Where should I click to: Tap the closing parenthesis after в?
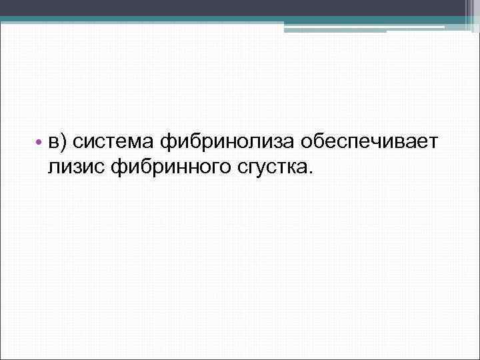(63, 141)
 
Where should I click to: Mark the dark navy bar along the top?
(240, 7)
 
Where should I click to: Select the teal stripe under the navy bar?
(240, 19)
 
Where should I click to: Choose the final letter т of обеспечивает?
(431, 142)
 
